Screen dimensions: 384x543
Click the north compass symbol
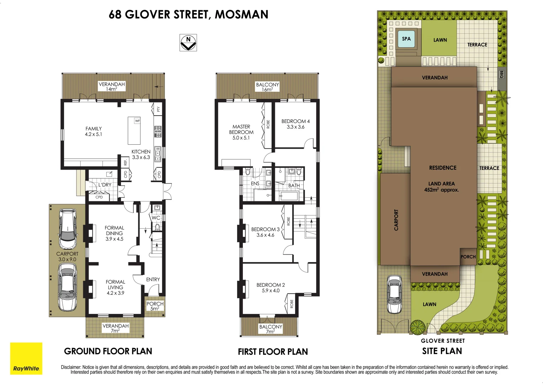coord(188,43)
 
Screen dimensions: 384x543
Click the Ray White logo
coord(26,358)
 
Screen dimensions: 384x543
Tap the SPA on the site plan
coord(406,39)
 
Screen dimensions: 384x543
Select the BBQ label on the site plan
coord(501,74)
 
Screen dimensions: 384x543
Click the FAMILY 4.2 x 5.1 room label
coord(94,132)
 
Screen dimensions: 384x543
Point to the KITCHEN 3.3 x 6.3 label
coord(141,154)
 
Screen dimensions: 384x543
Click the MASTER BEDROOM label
coord(241,132)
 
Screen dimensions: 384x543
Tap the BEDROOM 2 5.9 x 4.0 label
coord(271,288)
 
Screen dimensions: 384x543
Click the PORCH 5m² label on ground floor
coord(155,306)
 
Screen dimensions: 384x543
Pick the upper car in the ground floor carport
coord(68,229)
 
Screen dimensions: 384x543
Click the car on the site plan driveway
coord(394,294)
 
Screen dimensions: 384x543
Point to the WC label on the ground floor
coord(156,218)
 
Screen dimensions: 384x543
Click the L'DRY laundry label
coord(105,185)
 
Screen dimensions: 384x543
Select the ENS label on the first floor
coord(255,183)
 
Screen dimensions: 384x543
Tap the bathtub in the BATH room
coord(288,196)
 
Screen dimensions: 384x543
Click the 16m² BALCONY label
coord(267,87)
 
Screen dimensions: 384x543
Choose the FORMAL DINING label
coord(115,233)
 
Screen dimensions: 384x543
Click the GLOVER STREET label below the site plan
coord(443,341)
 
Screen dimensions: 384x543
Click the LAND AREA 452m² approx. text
coord(442,187)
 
